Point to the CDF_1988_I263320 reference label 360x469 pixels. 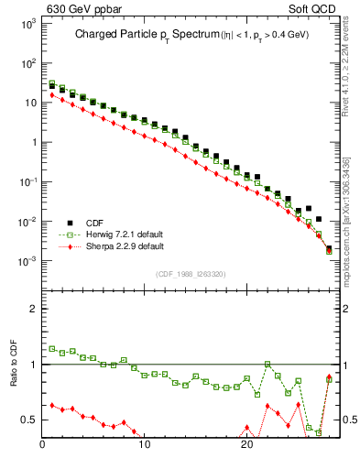pyautogui.click(x=191, y=273)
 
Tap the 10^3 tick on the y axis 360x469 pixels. pyautogui.click(x=27, y=23)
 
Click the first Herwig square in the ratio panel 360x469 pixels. pyautogui.click(x=52, y=348)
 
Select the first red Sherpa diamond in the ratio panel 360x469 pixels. pyautogui.click(x=52, y=405)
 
